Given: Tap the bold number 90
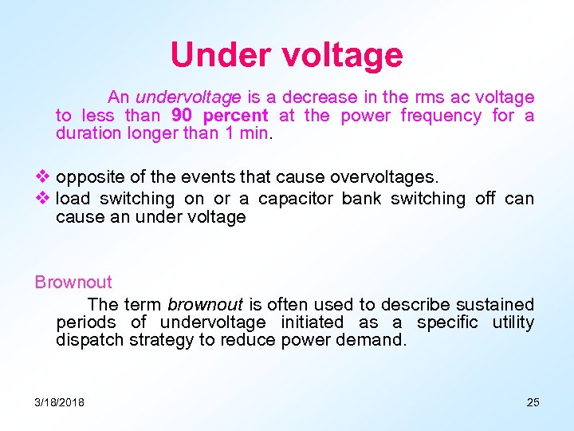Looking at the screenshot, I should tap(183, 116).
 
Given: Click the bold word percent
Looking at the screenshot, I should tap(235, 117).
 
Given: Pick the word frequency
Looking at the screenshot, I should tap(441, 117).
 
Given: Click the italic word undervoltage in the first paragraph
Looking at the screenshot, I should tap(188, 97).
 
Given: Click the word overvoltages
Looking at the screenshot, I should tap(384, 176).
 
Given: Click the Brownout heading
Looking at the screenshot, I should tap(73, 282).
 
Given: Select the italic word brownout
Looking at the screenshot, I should tap(205, 304).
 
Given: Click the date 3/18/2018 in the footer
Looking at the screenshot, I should tap(60, 402).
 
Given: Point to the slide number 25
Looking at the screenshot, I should tap(533, 402).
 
